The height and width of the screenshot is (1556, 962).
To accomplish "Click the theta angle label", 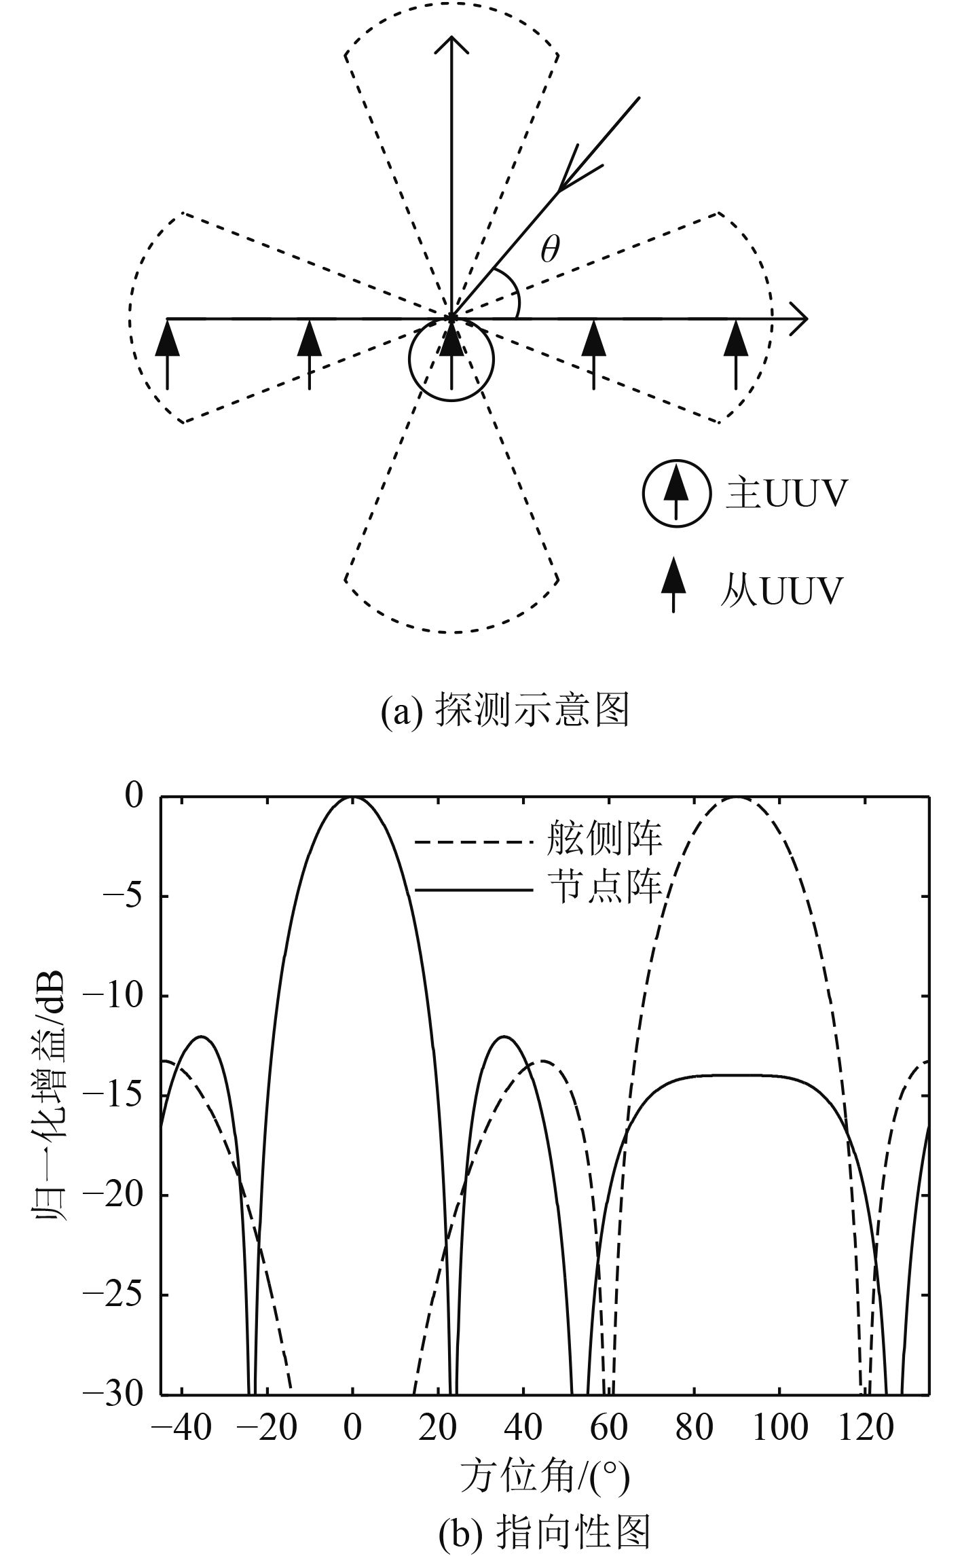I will coord(550,251).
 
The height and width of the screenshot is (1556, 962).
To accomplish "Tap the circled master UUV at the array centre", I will coord(451,359).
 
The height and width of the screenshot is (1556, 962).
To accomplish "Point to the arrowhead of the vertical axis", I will coord(451,44).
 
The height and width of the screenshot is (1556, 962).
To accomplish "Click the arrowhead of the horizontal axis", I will coord(799,318).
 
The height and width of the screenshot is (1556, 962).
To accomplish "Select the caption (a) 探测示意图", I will coord(504,710).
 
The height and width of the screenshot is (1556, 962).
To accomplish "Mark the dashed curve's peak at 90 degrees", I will coord(736,799).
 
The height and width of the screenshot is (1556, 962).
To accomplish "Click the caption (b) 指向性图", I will coord(544,1529).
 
